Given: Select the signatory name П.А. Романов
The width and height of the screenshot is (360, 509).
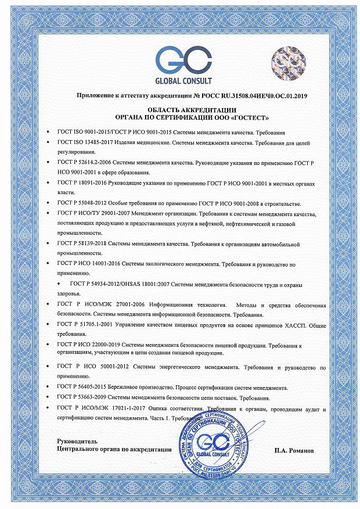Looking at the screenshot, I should (297, 449).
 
